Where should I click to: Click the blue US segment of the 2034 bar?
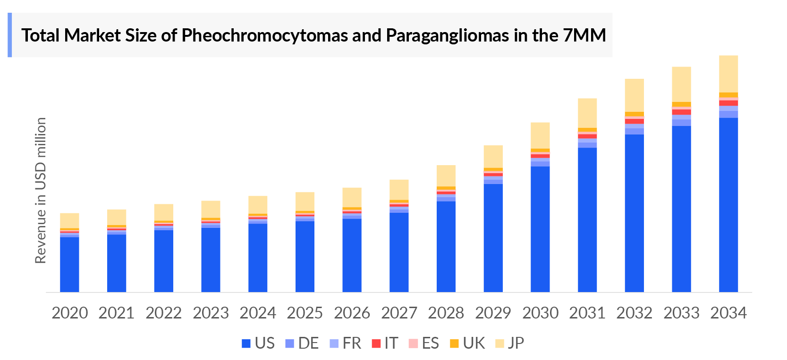728,205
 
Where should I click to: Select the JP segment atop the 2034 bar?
728,74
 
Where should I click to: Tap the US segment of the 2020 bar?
69,264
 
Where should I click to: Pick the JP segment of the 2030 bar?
540,135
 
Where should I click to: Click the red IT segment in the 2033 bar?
681,112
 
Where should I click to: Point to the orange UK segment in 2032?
634,114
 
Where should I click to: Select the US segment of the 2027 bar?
399,252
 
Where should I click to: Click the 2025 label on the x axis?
305,313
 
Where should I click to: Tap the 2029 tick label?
493,313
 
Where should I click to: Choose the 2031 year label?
587,313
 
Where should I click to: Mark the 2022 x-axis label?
163,313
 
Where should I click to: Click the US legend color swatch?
246,343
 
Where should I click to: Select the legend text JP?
516,343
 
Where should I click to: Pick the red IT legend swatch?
376,343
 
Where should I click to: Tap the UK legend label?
474,343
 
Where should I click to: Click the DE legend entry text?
308,343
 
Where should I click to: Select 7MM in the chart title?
584,35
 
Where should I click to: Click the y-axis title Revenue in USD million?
41,190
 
